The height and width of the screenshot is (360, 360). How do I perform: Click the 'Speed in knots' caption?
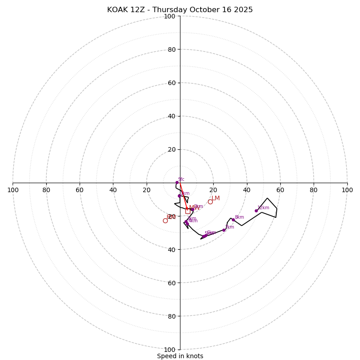180,356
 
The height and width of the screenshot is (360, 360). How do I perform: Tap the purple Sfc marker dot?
177,182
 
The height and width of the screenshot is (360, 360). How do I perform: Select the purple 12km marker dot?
256,211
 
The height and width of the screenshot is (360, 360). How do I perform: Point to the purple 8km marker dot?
233,220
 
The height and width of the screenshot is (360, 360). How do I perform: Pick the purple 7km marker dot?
224,230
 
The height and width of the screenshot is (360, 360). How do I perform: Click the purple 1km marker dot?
179,196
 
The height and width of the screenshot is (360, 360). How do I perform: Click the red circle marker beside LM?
210,202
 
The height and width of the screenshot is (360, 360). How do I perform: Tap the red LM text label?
216,198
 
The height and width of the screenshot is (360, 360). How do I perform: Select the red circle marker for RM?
165,220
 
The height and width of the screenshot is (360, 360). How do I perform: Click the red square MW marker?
188,211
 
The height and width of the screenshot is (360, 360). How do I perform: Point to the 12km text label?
263,208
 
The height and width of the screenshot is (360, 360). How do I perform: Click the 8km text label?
239,217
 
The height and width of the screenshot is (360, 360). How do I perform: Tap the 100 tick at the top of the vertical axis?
170,16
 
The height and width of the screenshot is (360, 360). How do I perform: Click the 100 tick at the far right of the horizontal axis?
347,190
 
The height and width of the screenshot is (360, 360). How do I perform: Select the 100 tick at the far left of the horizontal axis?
13,190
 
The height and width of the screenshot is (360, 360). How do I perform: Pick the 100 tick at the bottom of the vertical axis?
170,350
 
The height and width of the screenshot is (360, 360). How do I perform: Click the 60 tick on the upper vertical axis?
171,83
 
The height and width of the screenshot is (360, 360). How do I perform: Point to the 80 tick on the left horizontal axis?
46,190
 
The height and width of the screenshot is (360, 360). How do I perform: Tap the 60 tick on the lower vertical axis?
171,283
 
